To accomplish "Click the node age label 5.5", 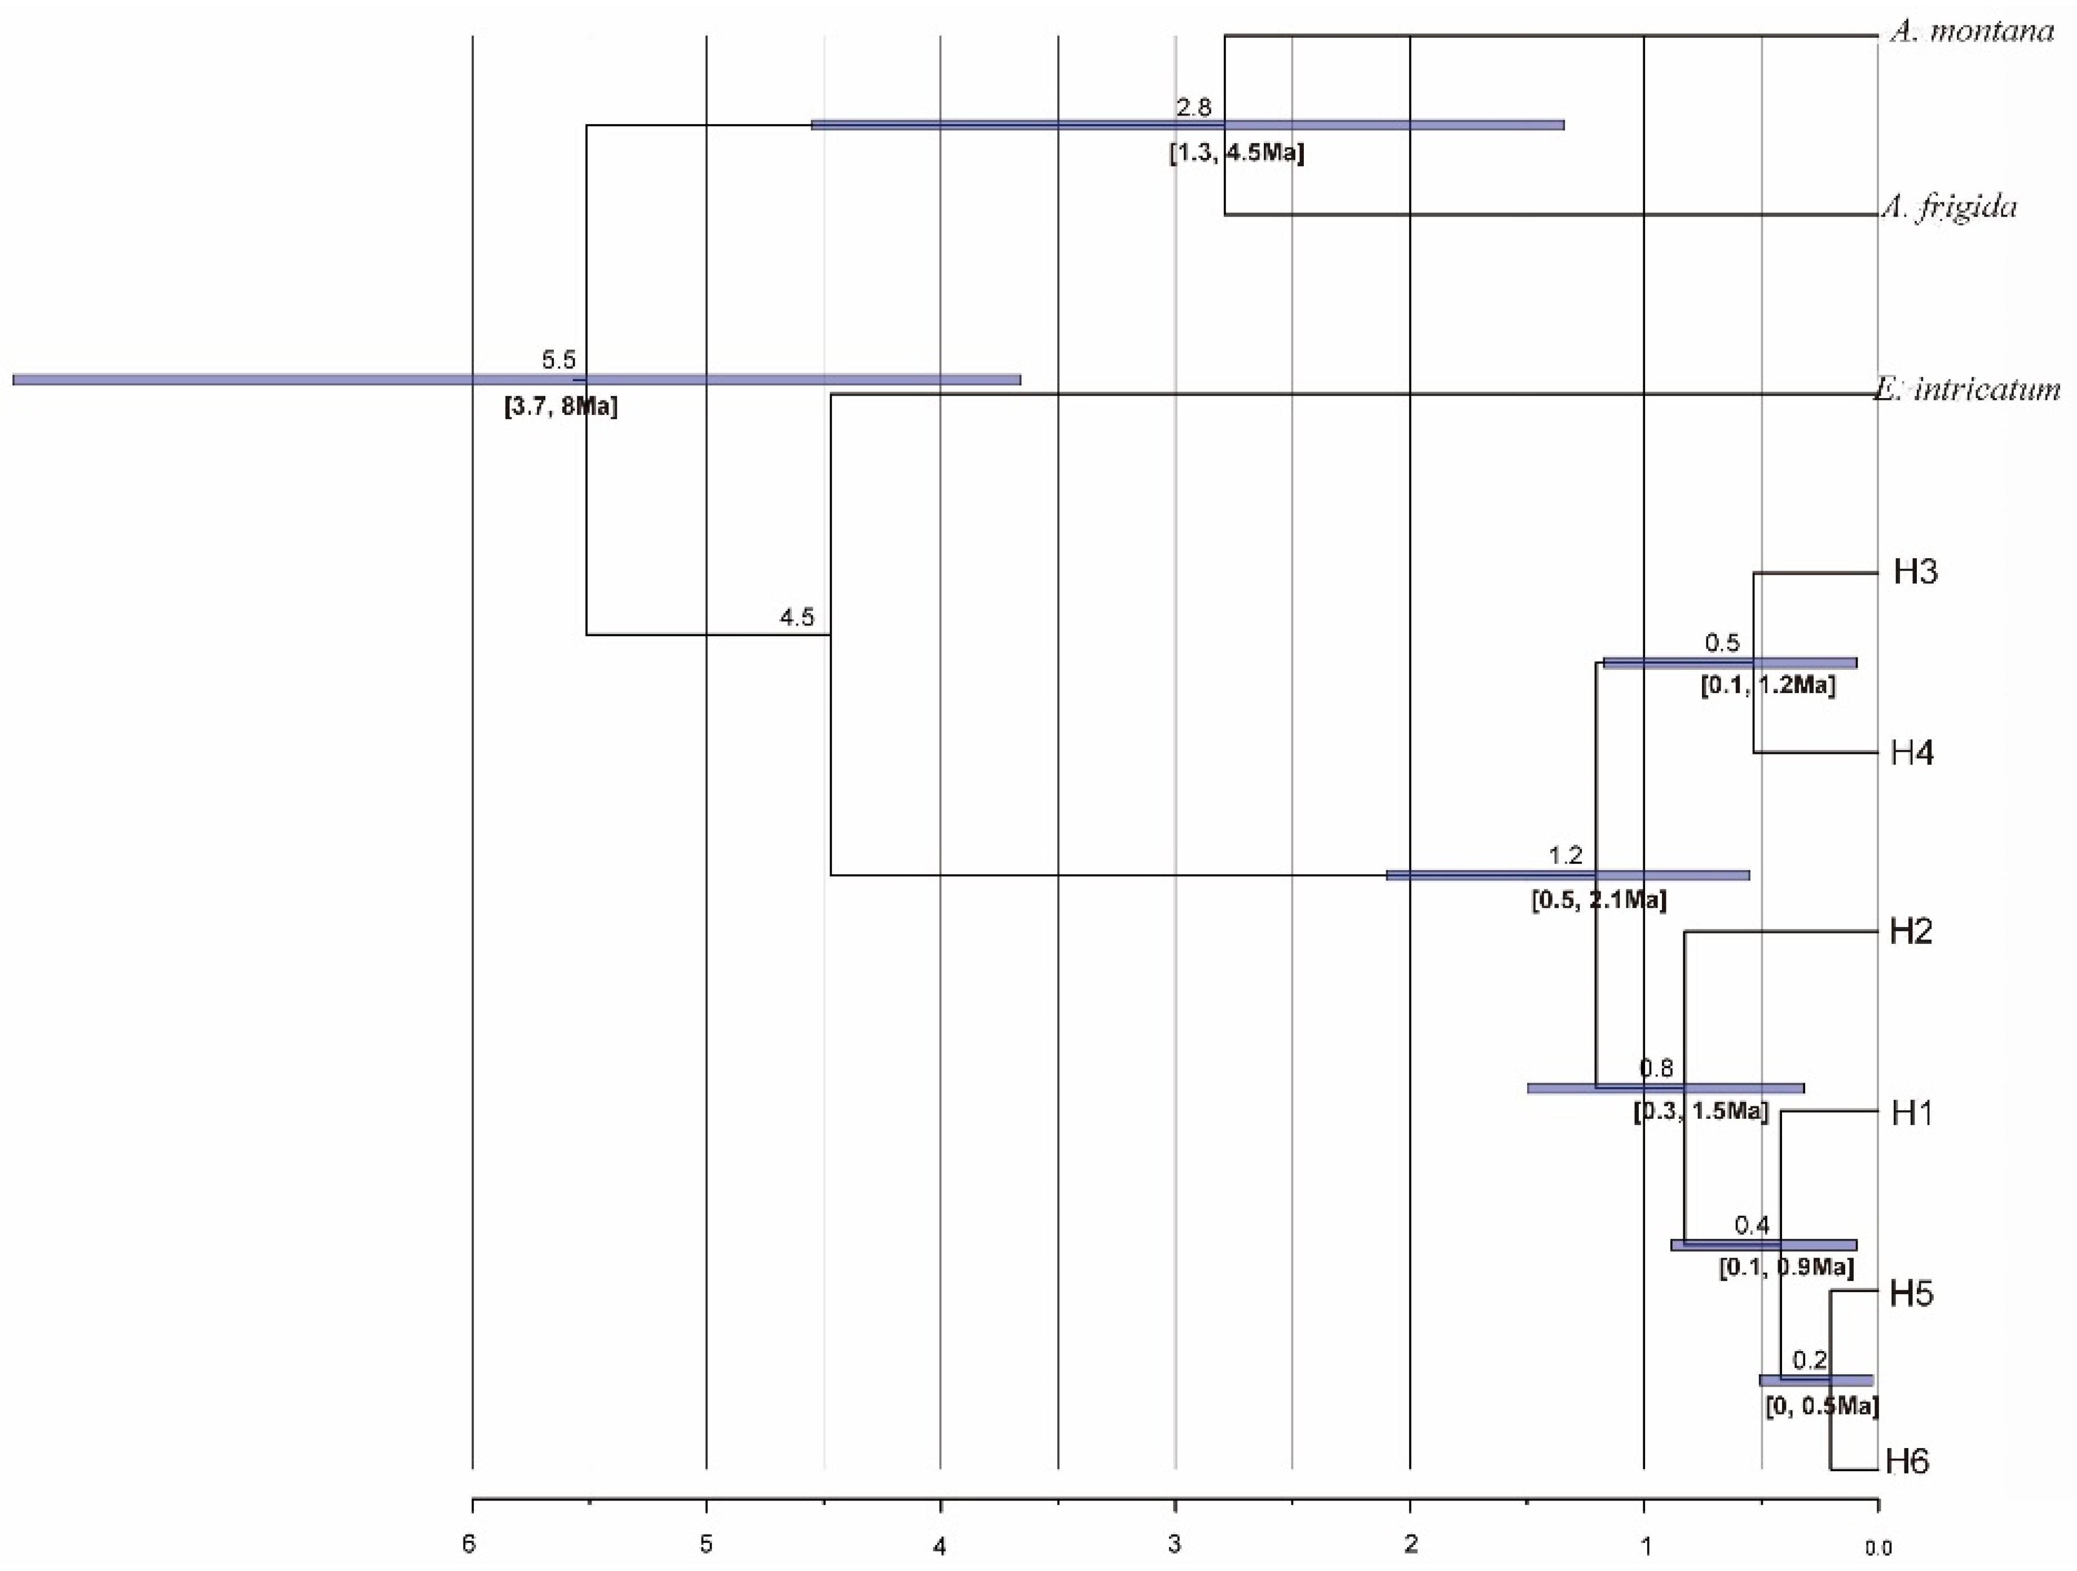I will (559, 360).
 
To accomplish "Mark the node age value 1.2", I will (1566, 855).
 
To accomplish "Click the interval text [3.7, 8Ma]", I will (562, 408).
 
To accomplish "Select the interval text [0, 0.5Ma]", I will (1822, 1407).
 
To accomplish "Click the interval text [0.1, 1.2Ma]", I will (1768, 686).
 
